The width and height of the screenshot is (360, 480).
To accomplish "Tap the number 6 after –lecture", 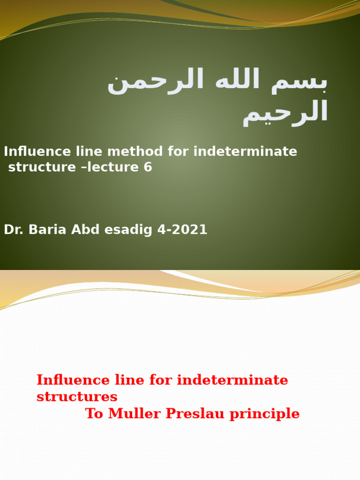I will click(148, 167).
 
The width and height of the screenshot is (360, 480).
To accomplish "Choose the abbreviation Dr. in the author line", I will click(13, 230).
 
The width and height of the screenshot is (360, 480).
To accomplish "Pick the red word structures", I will click(77, 397).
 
